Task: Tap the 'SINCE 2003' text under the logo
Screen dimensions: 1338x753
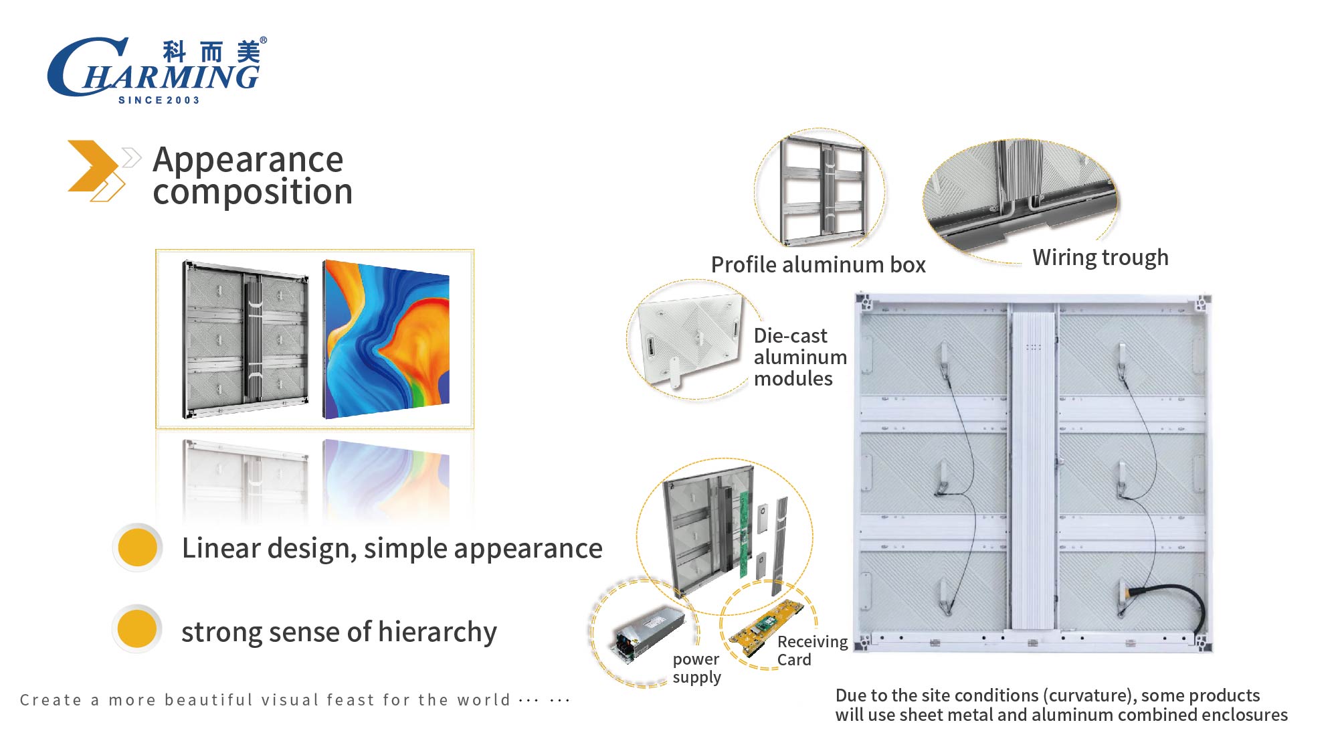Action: point(159,100)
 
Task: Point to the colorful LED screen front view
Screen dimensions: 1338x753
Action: point(386,340)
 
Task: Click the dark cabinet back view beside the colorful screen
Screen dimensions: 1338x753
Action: point(245,340)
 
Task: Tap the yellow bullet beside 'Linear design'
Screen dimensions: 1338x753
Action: point(137,548)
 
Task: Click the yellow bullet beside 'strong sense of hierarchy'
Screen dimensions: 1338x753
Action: point(137,629)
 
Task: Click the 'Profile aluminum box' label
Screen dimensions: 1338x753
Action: point(818,265)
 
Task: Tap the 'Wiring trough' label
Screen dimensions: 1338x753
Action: point(1101,258)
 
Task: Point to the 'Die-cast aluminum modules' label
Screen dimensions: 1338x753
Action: point(800,357)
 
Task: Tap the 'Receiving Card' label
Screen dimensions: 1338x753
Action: point(812,651)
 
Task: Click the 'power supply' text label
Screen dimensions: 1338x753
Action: point(696,668)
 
